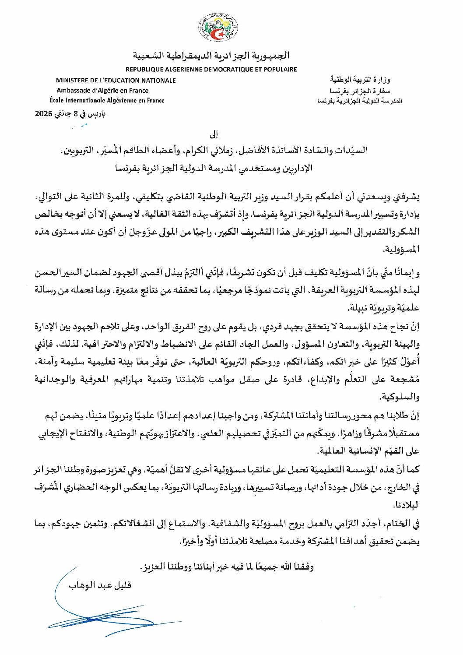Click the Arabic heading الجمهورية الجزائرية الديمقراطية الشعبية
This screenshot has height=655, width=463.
point(211,56)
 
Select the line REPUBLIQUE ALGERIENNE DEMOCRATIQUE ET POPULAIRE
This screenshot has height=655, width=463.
point(211,69)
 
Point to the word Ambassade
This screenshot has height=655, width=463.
point(73,91)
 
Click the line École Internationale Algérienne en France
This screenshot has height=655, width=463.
point(107,100)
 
